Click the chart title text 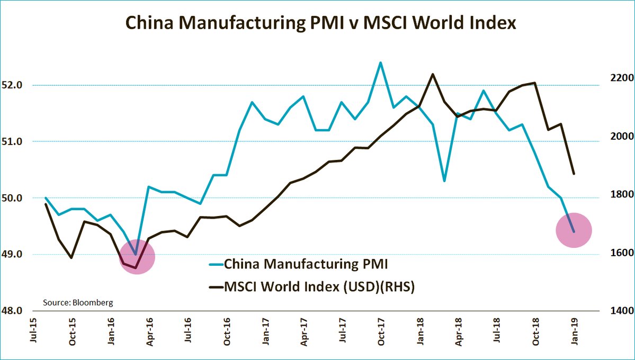tap(320, 23)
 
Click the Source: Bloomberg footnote tap(78, 303)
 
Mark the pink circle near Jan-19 tap(574, 230)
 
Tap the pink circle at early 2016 tap(137, 257)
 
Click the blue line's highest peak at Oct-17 tap(380, 62)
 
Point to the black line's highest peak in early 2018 tap(432, 74)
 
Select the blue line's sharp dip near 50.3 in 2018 tap(444, 181)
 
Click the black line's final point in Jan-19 tap(574, 174)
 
